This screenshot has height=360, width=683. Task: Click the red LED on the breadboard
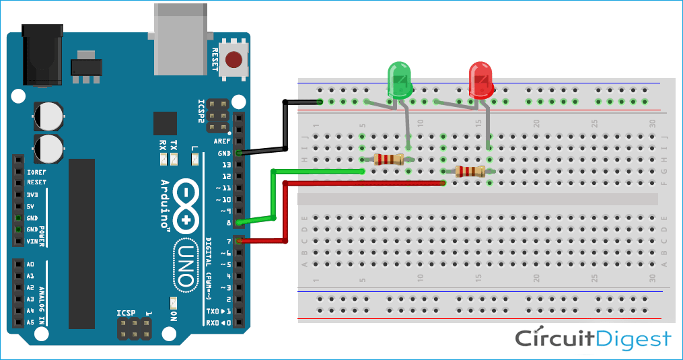click(x=480, y=80)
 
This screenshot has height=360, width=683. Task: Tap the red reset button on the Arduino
click(x=233, y=60)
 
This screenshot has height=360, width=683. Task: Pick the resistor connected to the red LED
click(x=470, y=172)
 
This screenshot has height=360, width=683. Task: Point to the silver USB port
click(x=180, y=39)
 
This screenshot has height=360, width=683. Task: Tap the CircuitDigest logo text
click(x=593, y=338)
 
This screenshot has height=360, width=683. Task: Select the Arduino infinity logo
click(x=186, y=205)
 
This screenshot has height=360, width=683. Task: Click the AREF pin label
click(x=221, y=141)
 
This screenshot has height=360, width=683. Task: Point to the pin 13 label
click(x=225, y=165)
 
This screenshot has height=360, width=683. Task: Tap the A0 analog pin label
click(x=30, y=264)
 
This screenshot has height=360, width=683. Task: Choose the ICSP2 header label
click(x=201, y=110)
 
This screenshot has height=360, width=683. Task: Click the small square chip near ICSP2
click(x=165, y=123)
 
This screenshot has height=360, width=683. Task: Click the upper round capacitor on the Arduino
click(x=48, y=116)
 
